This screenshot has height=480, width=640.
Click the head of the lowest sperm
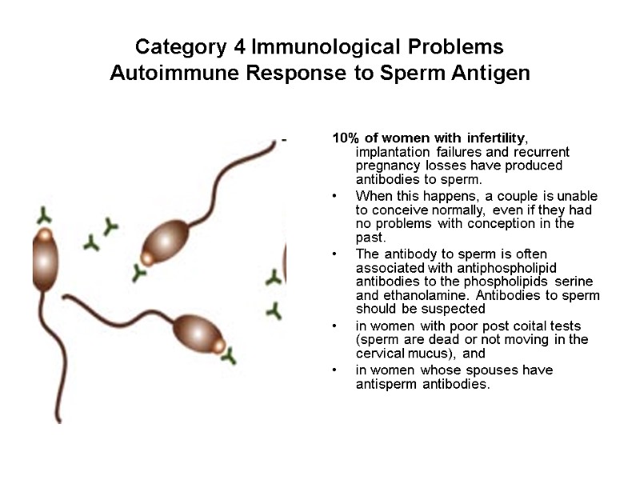click(x=195, y=330)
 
